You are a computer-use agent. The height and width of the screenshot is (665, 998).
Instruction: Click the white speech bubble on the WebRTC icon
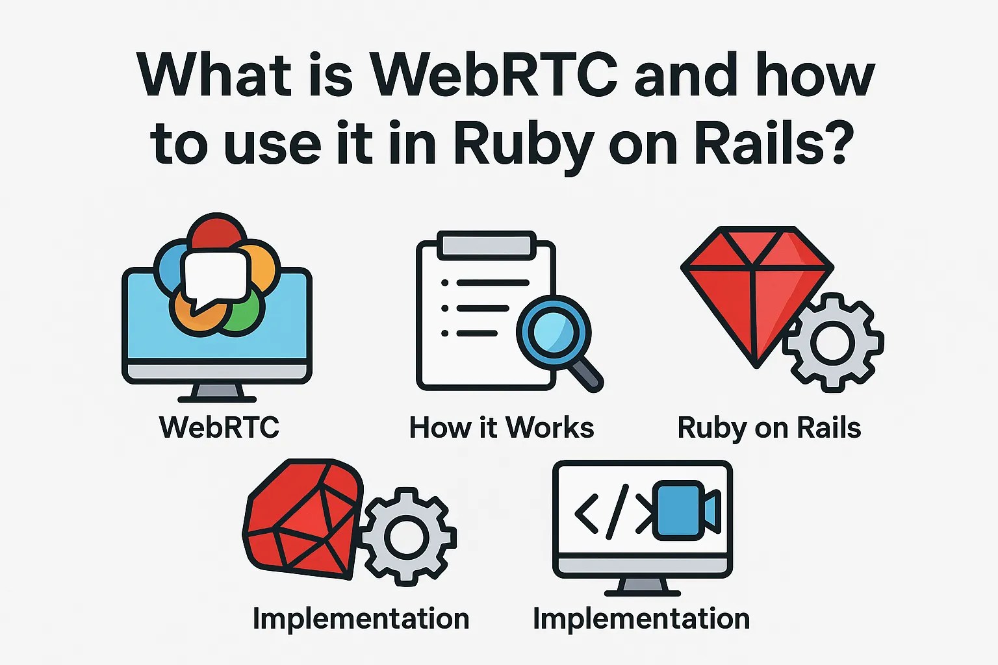click(x=216, y=277)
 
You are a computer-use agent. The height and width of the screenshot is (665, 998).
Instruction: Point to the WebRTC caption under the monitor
click(x=219, y=427)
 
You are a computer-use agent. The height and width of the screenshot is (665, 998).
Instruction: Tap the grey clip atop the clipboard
click(x=487, y=245)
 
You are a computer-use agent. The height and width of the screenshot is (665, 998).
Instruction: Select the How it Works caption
click(x=501, y=427)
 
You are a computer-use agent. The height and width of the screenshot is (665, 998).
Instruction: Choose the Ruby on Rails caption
click(x=769, y=428)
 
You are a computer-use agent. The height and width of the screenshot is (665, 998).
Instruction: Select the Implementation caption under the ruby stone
click(x=361, y=618)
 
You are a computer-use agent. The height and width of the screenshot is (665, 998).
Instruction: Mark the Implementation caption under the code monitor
click(x=641, y=618)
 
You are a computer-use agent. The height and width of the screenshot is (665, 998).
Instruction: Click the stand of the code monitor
click(x=642, y=586)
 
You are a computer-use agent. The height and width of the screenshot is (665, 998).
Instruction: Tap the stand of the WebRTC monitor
click(x=217, y=393)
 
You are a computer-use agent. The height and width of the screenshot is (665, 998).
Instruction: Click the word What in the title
click(x=214, y=74)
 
